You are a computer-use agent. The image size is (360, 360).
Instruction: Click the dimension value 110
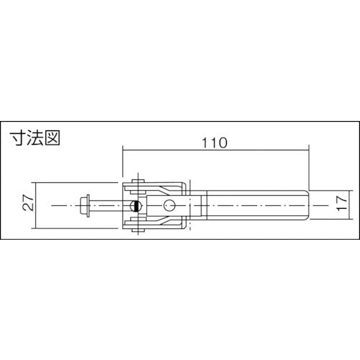[x=214, y=143]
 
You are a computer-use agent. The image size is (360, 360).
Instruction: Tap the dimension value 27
[x=27, y=205]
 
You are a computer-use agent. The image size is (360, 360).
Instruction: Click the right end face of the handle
[x=310, y=205]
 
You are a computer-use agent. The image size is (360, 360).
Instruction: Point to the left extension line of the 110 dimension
[x=124, y=166]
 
